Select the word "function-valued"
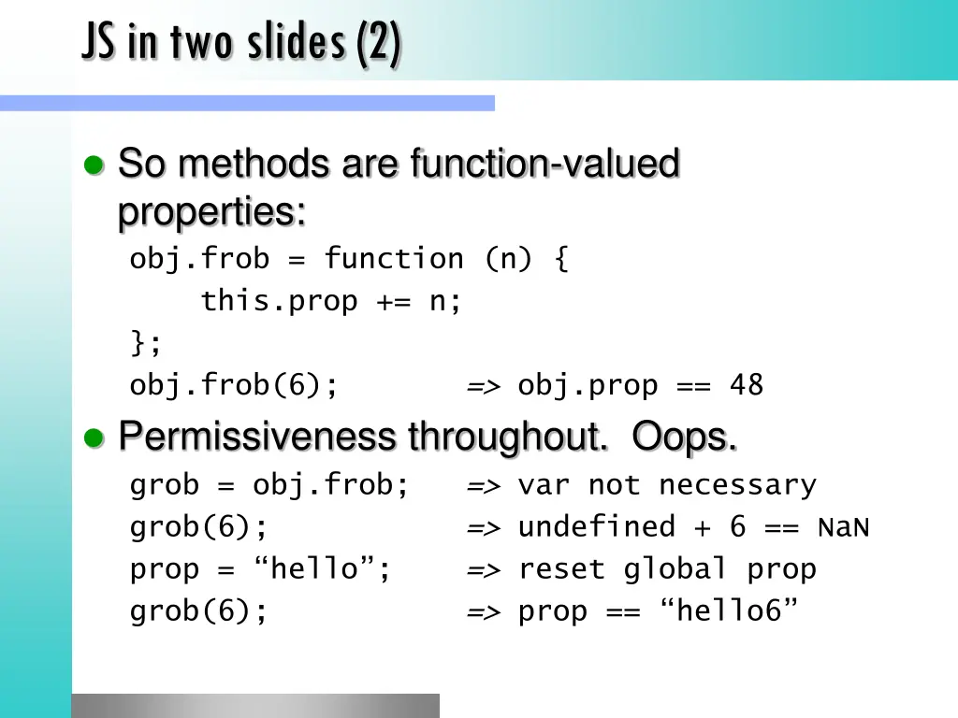(544, 165)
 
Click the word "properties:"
(211, 213)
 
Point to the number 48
(747, 385)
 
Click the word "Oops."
(684, 437)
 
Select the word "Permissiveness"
(257, 437)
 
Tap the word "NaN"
(844, 527)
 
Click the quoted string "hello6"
(729, 611)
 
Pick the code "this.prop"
(279, 301)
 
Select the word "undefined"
(596, 526)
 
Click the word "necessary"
(737, 485)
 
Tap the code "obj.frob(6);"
(234, 385)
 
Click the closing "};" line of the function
(146, 343)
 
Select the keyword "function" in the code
(394, 258)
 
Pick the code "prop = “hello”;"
(261, 568)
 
